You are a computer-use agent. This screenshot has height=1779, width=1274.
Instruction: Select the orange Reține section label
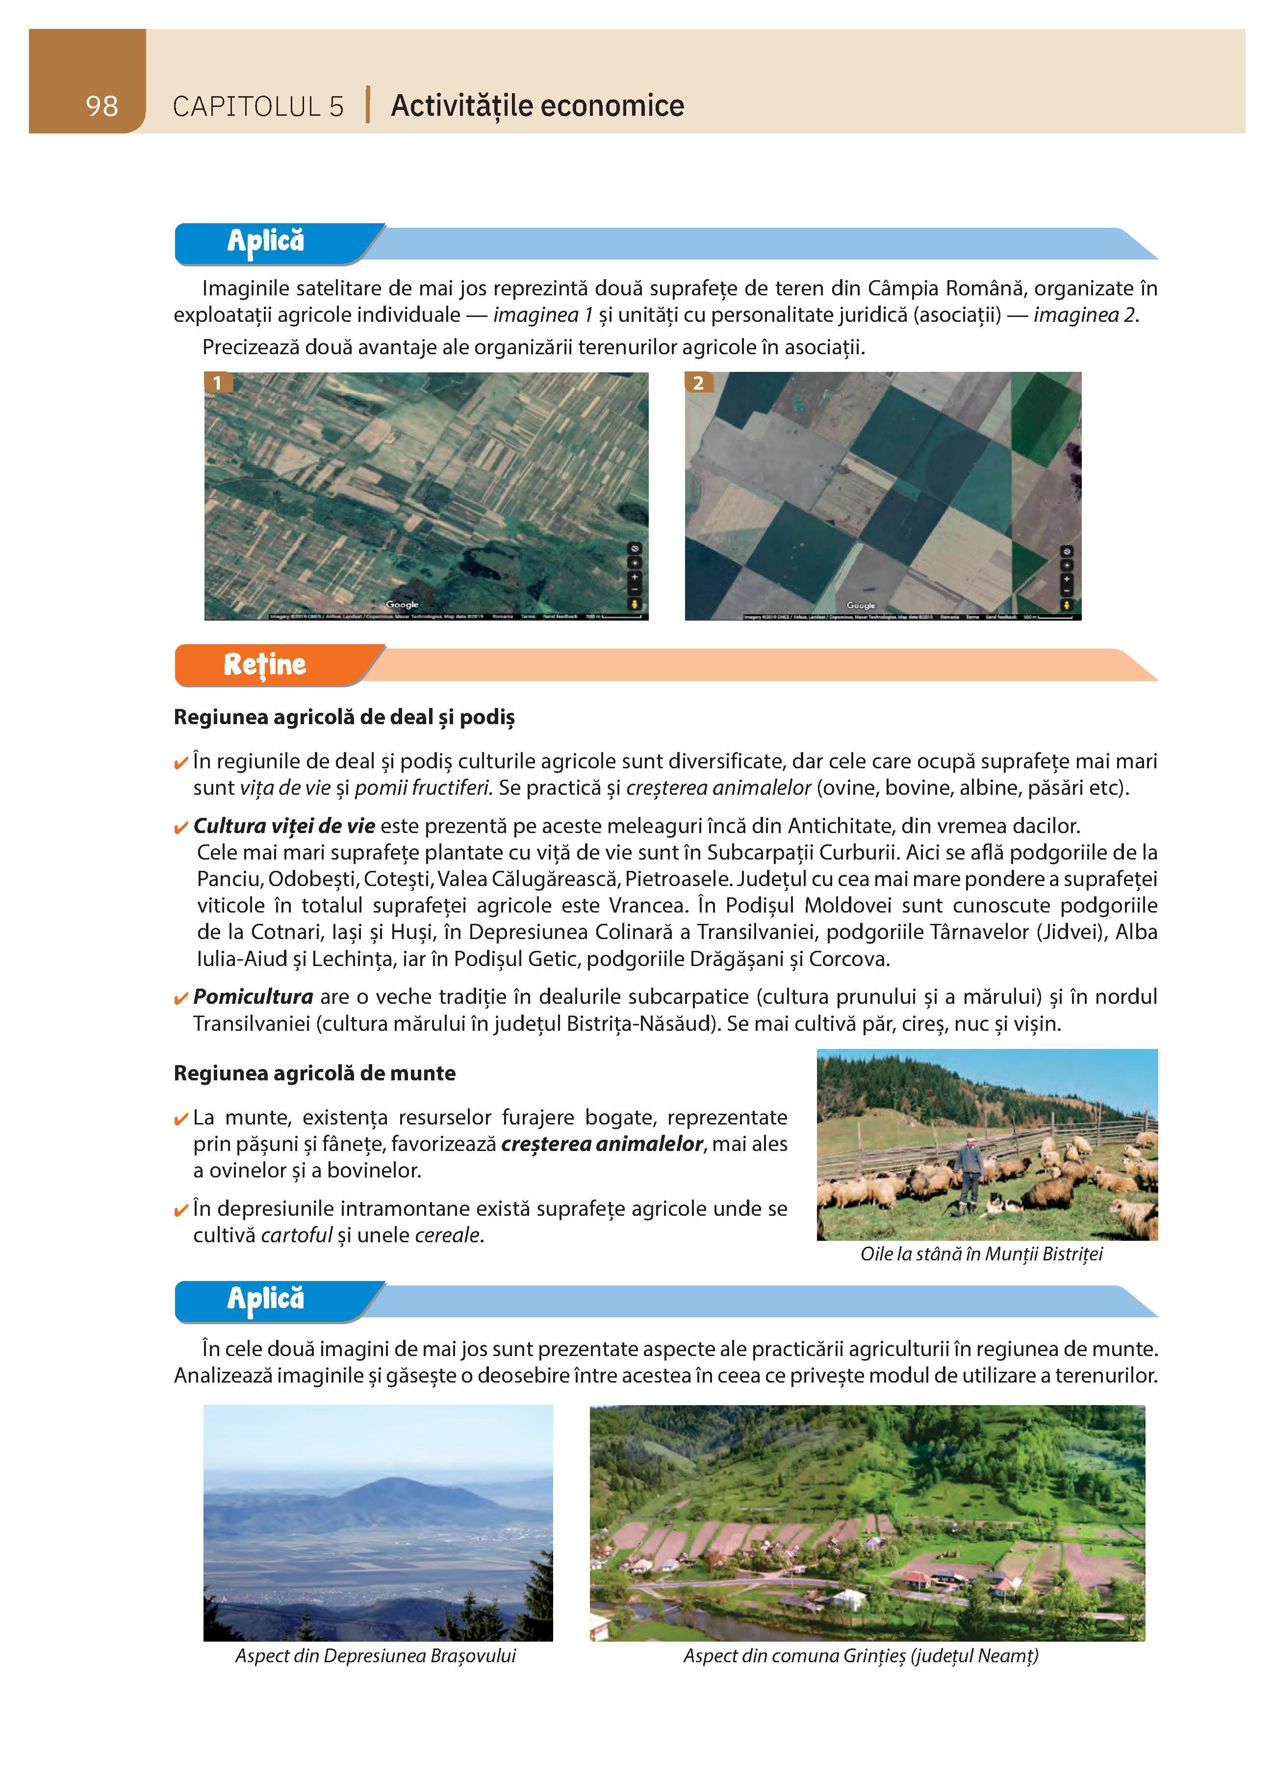265,664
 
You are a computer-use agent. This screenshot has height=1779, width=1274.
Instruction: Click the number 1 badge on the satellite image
217,383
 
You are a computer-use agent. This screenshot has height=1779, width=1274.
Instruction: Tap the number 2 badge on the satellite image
698,383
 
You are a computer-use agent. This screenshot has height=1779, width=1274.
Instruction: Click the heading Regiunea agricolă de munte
314,1073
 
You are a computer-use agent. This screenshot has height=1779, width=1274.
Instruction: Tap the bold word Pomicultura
253,997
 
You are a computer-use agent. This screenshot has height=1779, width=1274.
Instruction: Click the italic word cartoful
296,1235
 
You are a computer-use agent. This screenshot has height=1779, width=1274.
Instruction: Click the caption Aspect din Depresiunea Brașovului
376,1656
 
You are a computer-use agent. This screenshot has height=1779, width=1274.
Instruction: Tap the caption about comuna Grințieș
860,1656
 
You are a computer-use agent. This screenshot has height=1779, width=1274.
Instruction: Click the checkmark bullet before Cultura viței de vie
180,828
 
